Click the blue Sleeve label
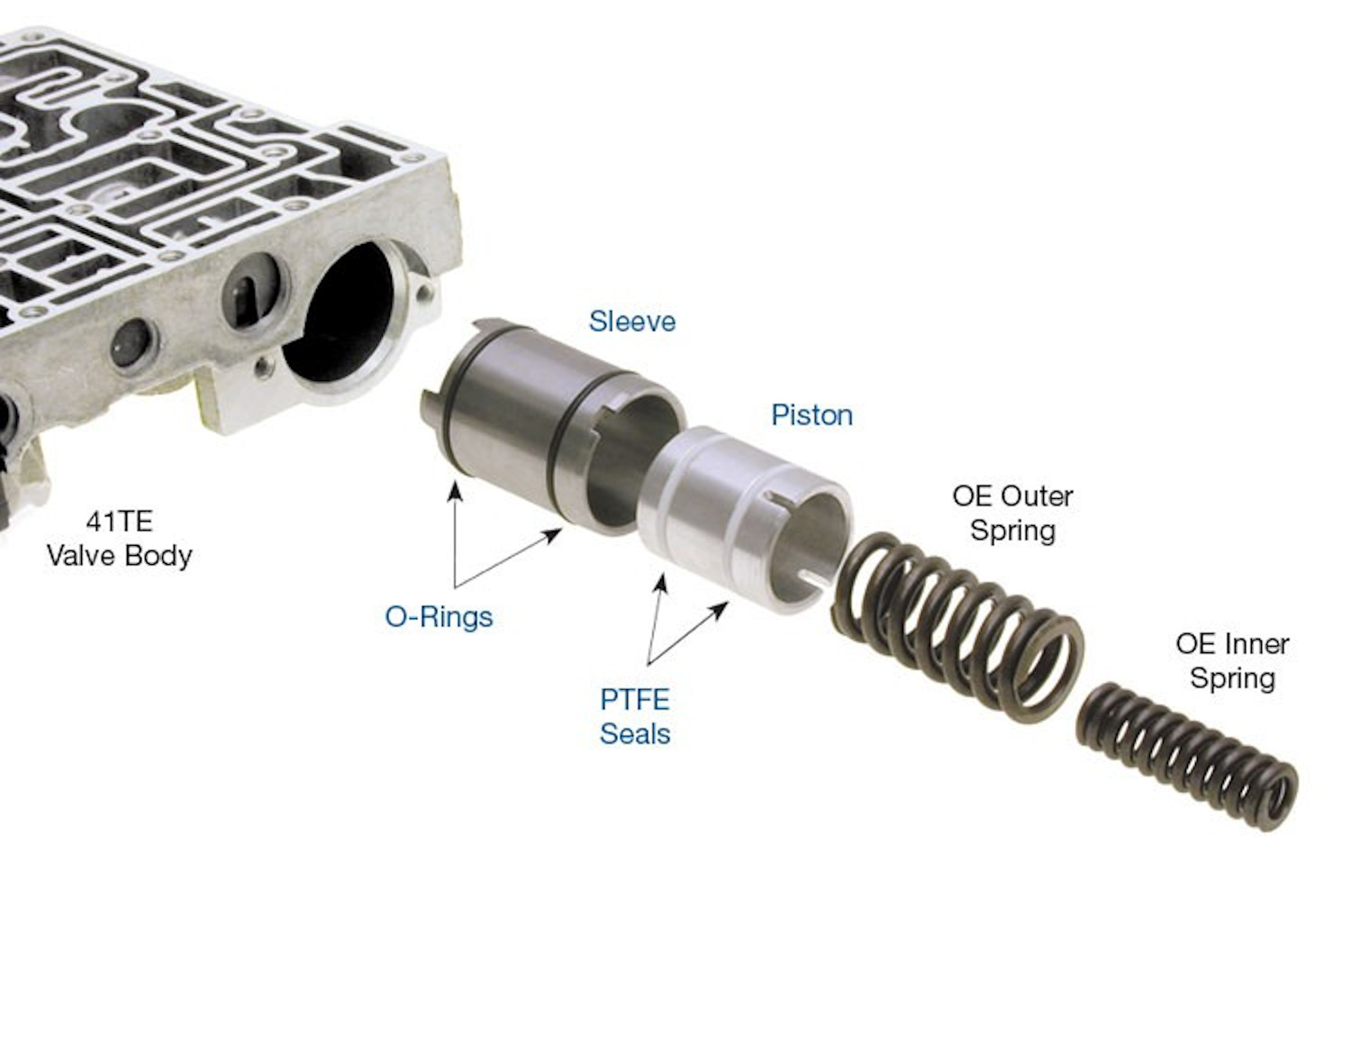[x=631, y=322]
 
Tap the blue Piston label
[x=812, y=415]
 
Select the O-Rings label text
[x=439, y=617]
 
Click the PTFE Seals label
[x=635, y=716]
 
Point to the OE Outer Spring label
[x=1012, y=513]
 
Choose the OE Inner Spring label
[x=1232, y=661]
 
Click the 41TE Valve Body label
[x=120, y=539]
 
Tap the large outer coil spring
[x=957, y=628]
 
